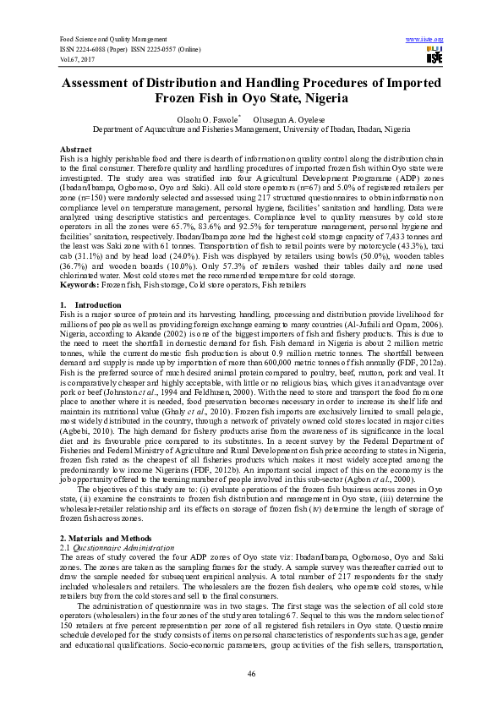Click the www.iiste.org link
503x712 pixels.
point(424,39)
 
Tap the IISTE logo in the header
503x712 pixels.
point(435,55)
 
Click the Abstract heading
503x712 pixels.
point(75,149)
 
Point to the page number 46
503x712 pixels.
point(251,673)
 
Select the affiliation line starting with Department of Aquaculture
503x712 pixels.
point(251,130)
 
